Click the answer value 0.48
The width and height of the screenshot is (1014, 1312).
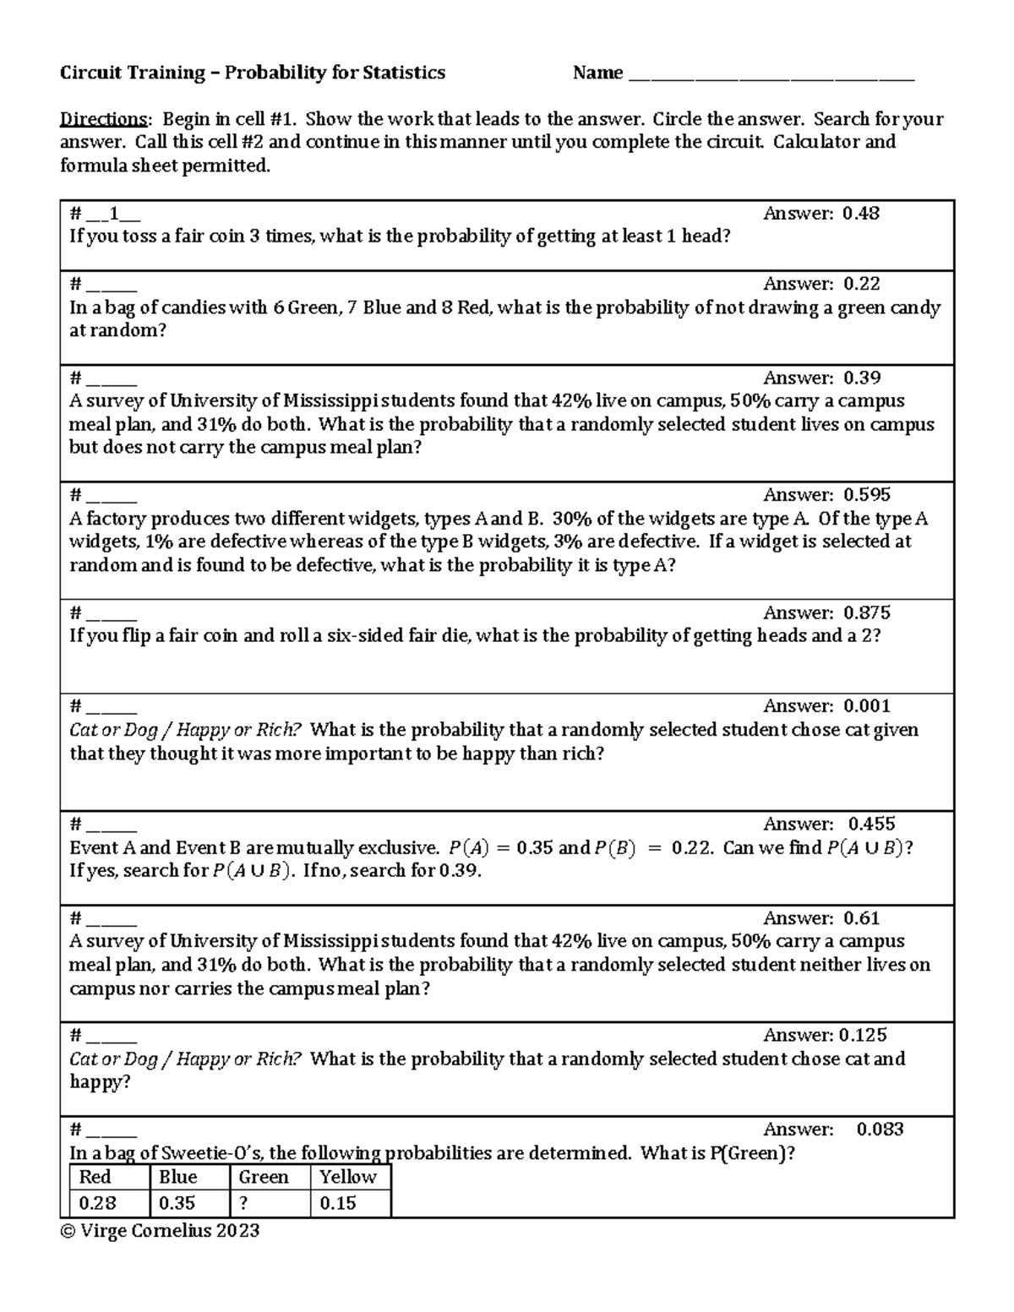[x=860, y=214]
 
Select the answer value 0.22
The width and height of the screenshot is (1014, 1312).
[x=861, y=284]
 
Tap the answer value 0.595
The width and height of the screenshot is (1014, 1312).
[x=866, y=495]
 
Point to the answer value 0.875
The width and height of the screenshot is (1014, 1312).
[x=866, y=612]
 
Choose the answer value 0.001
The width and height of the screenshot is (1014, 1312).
[x=866, y=706]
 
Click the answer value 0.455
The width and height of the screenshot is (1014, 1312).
[x=871, y=824]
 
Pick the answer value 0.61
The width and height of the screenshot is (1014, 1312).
[x=861, y=918]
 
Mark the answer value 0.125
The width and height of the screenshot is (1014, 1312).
[x=862, y=1035]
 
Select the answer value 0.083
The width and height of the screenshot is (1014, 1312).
[x=880, y=1130]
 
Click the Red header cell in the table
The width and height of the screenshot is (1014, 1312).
[x=95, y=1177]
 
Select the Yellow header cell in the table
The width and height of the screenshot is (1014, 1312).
[x=347, y=1177]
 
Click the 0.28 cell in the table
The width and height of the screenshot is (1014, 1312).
[x=97, y=1203]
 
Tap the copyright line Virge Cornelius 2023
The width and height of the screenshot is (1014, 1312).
[x=160, y=1231]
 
